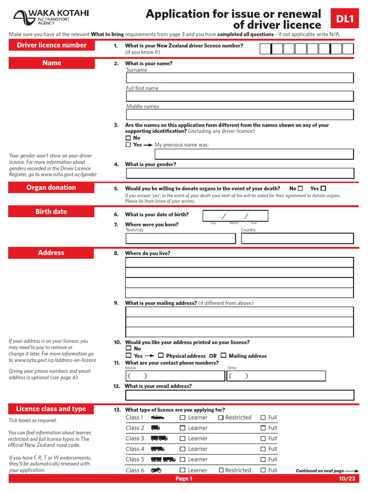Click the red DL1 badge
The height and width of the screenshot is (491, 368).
[345, 19]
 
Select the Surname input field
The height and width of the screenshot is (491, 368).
[240, 78]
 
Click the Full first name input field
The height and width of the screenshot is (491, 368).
[240, 96]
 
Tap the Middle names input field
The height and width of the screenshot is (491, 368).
[240, 115]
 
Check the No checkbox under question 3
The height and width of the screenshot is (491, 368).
[128, 138]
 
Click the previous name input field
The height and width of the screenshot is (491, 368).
[254, 154]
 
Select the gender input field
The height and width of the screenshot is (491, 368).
[240, 173]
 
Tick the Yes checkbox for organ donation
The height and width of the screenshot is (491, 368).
[323, 188]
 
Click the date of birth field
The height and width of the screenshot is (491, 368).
[235, 216]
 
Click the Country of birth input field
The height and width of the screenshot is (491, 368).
[297, 238]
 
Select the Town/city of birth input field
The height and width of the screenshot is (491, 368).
[180, 238]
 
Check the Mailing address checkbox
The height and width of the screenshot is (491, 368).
[223, 356]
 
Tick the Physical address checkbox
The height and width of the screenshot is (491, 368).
[161, 356]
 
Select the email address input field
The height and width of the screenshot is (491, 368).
[240, 395]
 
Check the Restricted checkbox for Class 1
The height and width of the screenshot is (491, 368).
[221, 418]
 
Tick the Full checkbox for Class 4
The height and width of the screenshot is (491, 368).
[263, 449]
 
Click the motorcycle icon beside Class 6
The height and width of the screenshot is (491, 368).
[156, 470]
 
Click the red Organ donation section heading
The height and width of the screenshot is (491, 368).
[51, 187]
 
